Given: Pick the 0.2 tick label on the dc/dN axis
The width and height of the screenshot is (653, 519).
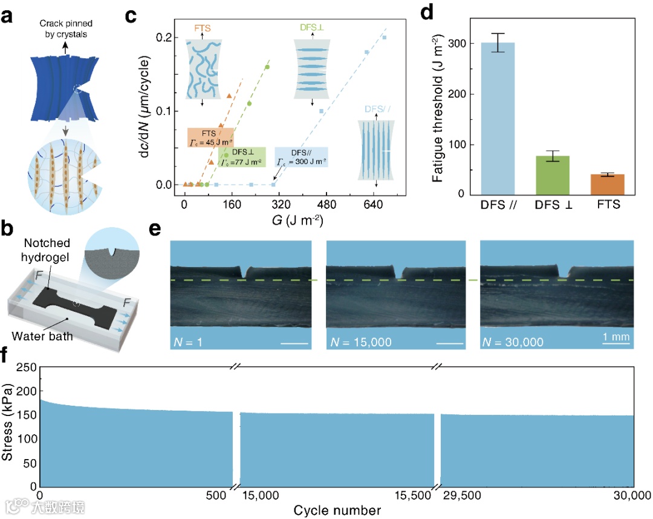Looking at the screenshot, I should [x=163, y=38].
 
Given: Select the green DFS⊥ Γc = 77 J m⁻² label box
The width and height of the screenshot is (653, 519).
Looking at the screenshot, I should [x=243, y=157].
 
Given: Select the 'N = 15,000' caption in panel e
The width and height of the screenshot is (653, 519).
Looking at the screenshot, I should [x=361, y=343].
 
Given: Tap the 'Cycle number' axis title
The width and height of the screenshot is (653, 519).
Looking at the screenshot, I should [x=337, y=511].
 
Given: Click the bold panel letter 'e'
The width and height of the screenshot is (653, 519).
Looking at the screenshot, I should [x=154, y=231].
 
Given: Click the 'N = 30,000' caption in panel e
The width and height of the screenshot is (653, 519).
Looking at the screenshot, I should [x=513, y=343].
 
